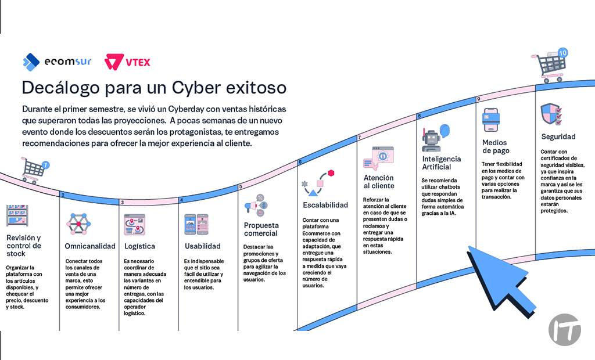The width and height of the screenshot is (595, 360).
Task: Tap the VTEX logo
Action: click(127, 62)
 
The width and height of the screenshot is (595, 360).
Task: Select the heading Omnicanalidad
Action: click(90, 246)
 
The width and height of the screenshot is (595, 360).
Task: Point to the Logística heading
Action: click(139, 246)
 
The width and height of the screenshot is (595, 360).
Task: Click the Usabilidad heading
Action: click(202, 246)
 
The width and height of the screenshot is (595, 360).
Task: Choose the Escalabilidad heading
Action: click(325, 205)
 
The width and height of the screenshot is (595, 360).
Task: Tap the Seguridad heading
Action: click(558, 137)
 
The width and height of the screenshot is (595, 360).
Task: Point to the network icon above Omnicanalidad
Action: click(78, 224)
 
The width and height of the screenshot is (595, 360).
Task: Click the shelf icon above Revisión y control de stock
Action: click(17, 216)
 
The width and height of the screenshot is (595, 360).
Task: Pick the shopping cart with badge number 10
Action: click(549, 64)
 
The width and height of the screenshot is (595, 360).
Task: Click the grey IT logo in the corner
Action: click(564, 330)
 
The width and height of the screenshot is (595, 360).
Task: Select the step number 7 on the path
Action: click(360, 138)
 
